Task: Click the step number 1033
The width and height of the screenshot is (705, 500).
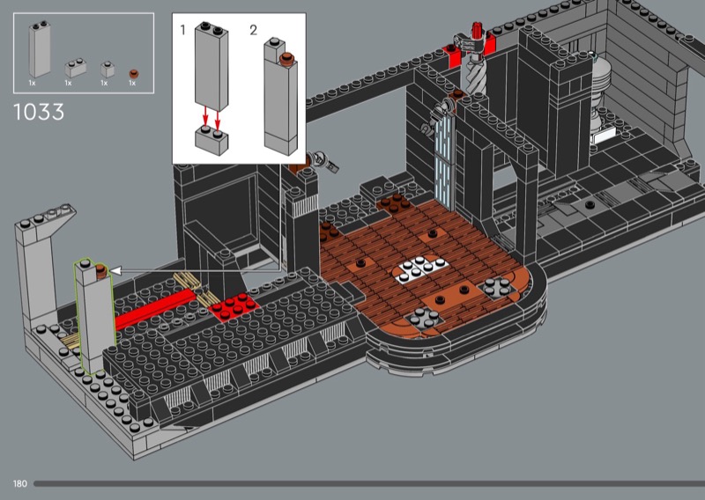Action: pyautogui.click(x=39, y=112)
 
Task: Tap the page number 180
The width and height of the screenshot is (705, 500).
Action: pyautogui.click(x=19, y=484)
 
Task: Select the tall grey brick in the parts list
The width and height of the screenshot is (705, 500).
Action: pyautogui.click(x=40, y=48)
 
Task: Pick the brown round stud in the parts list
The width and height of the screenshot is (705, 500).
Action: pyautogui.click(x=133, y=74)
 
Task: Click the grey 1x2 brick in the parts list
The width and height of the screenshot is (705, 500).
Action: pyautogui.click(x=76, y=69)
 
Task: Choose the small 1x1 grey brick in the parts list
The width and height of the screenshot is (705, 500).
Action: pyautogui.click(x=108, y=70)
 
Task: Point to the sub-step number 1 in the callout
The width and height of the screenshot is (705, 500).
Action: pyautogui.click(x=182, y=30)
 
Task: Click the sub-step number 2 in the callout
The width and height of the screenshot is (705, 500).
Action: pyautogui.click(x=254, y=30)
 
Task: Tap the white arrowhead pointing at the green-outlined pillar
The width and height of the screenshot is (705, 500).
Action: pyautogui.click(x=115, y=271)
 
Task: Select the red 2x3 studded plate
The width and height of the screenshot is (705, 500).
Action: pyautogui.click(x=233, y=306)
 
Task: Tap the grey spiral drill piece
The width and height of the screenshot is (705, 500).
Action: pyautogui.click(x=473, y=73)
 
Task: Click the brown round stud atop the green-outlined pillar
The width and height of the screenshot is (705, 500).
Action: pyautogui.click(x=101, y=270)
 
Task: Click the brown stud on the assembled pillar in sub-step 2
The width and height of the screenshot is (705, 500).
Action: pyautogui.click(x=286, y=58)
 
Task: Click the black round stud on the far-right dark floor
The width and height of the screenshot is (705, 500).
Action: pyautogui.click(x=590, y=205)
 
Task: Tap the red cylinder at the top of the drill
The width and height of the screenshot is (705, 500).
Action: pyautogui.click(x=476, y=30)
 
